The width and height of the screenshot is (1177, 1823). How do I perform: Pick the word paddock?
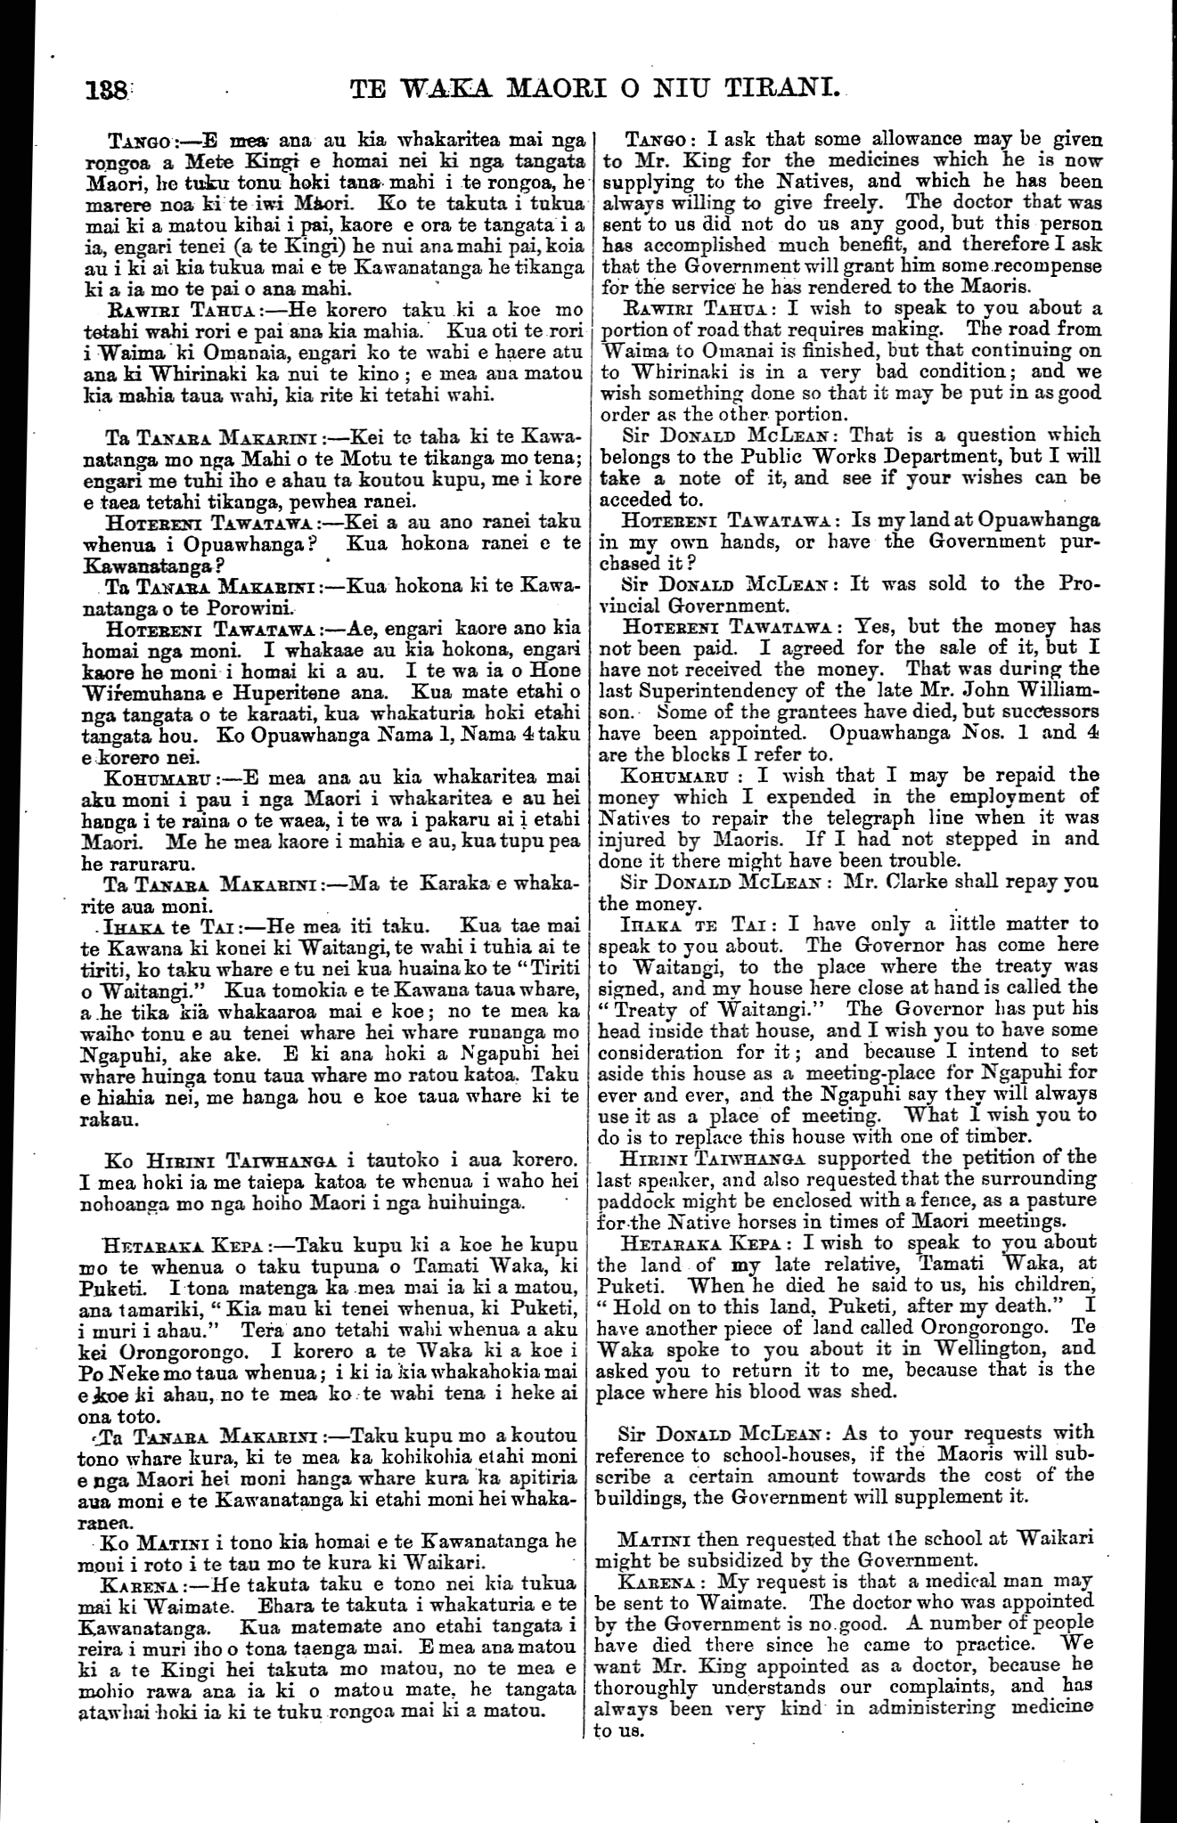[x=631, y=1199]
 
